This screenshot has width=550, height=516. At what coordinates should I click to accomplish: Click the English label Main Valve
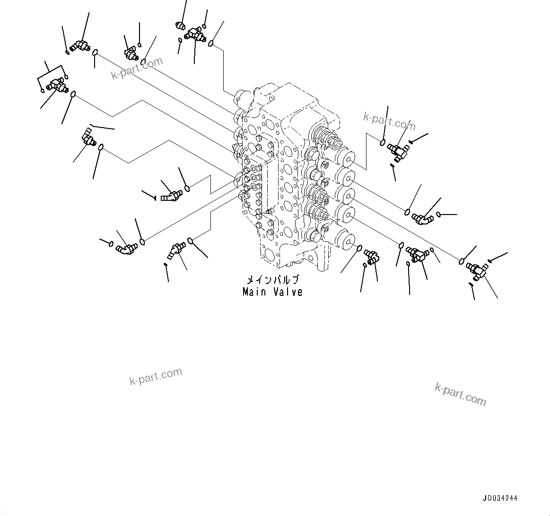(272, 292)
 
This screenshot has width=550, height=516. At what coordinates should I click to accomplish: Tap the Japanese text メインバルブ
(272, 280)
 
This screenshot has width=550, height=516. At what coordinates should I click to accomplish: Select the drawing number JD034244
(500, 498)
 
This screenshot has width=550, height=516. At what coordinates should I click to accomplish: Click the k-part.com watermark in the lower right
(460, 394)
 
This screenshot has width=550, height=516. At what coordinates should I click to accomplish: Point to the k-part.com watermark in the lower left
(156, 376)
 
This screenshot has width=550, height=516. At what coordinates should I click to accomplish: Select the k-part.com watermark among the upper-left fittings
(137, 69)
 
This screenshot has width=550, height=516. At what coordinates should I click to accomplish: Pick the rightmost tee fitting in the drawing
(477, 270)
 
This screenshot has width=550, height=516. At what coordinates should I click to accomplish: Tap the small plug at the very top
(179, 25)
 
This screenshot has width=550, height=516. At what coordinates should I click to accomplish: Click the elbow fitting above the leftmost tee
(79, 46)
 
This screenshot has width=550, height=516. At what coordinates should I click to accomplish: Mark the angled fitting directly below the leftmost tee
(87, 138)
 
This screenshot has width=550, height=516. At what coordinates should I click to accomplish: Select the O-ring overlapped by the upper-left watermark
(144, 62)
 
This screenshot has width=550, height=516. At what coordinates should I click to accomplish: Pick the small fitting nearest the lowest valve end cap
(372, 256)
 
